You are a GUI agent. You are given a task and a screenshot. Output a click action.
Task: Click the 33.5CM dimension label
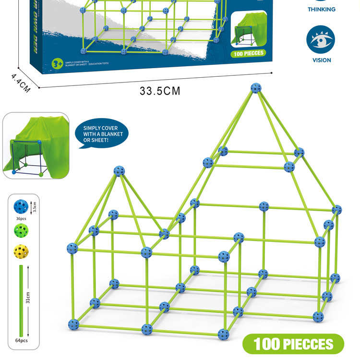(x=160, y=91)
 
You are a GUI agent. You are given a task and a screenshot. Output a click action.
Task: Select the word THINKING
(x=321, y=10)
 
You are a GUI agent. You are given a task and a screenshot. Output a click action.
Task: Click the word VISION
(x=321, y=60)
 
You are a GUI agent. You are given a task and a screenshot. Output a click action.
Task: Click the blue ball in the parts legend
(x=21, y=206)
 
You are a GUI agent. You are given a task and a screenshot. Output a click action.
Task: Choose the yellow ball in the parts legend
(x=21, y=251)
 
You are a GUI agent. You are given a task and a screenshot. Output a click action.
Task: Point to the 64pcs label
(x=22, y=340)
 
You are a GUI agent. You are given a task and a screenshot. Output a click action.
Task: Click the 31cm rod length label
(x=29, y=300)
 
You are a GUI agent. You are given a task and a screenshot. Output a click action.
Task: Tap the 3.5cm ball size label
(x=33, y=207)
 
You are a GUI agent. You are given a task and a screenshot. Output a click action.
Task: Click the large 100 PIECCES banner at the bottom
(x=293, y=344)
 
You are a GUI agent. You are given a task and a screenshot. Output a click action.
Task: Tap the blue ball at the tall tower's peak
(x=256, y=88)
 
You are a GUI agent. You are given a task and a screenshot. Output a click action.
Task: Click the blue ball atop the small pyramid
(x=119, y=170)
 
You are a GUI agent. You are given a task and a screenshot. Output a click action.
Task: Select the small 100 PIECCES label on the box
(x=248, y=53)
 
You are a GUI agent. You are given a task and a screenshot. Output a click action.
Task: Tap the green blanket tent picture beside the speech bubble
(x=36, y=145)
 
